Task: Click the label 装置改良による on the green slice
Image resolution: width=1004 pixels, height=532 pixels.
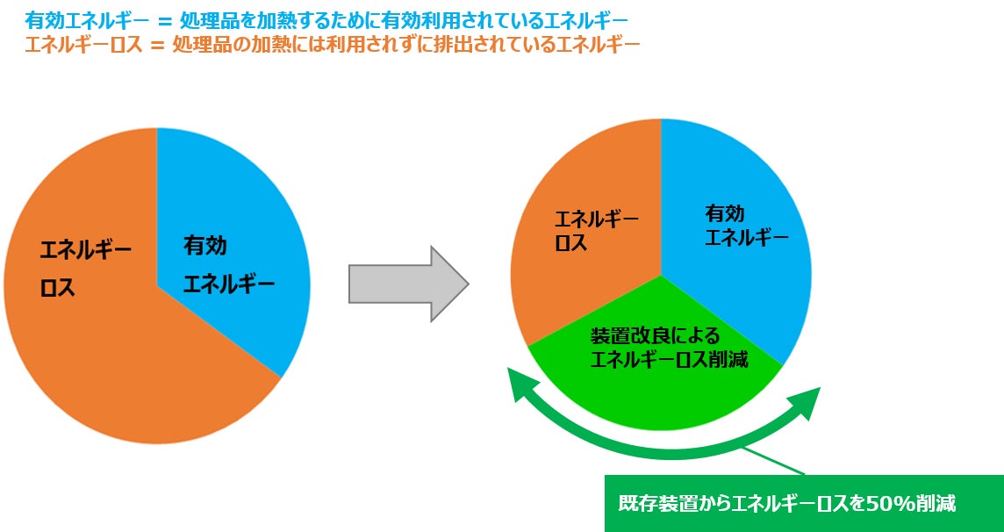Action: (655, 335)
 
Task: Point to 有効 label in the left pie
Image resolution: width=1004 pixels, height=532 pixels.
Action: (204, 246)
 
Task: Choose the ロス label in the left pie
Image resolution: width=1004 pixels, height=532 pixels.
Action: (58, 289)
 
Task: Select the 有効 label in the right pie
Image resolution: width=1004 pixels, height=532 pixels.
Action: (725, 213)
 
